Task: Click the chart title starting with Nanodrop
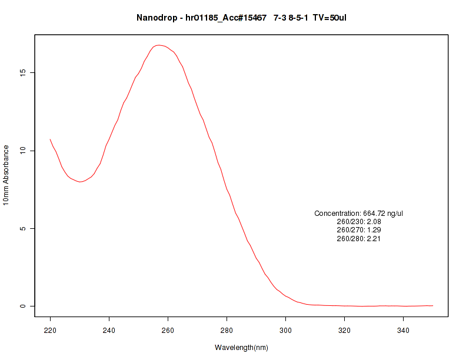point(241,18)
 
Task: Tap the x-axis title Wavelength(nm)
point(241,348)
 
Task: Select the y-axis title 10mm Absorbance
point(6,175)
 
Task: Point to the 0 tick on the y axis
point(24,306)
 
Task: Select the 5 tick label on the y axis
point(24,228)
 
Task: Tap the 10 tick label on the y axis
point(24,151)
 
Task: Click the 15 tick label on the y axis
point(24,73)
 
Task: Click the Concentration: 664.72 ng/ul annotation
point(358,213)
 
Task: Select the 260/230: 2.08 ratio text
point(358,222)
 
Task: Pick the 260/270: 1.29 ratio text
point(358,230)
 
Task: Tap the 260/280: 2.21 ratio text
point(358,239)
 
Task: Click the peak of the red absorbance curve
point(158,45)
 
